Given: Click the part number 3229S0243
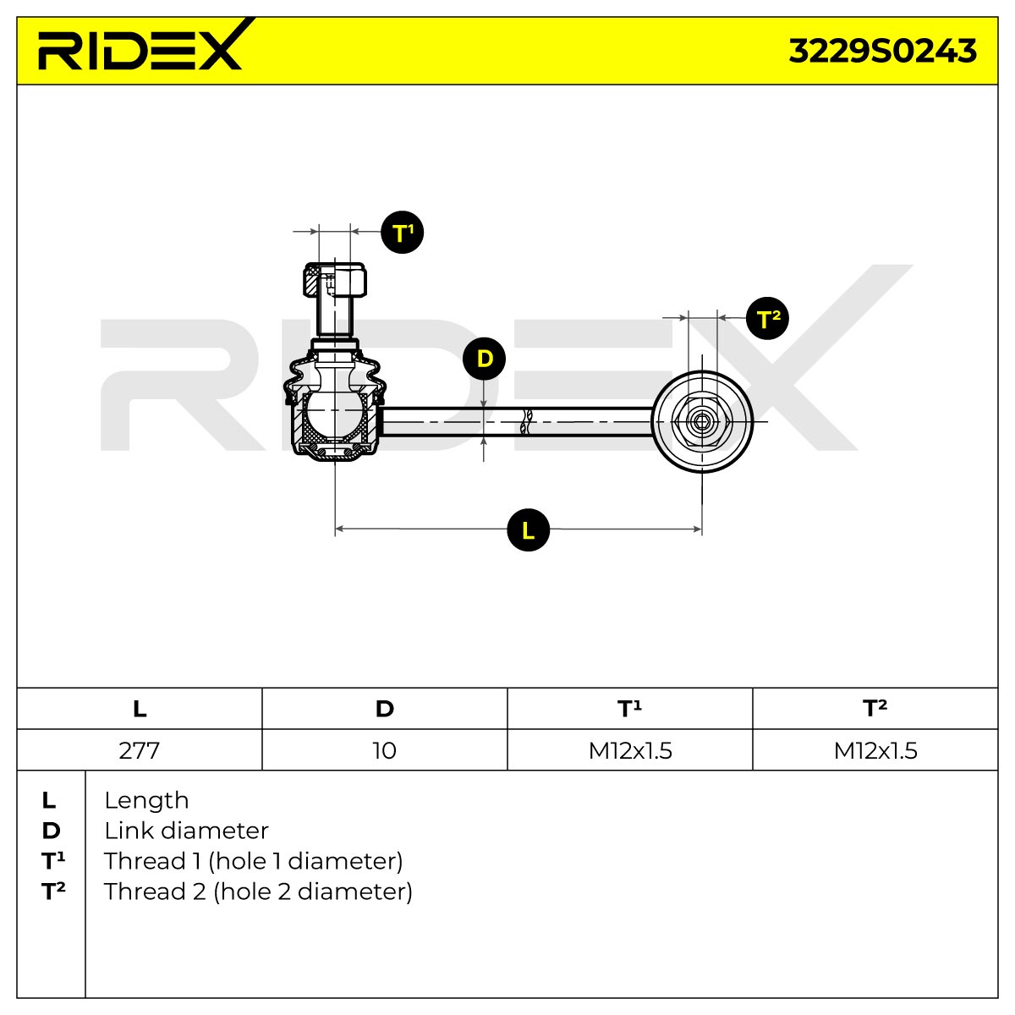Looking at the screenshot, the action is tap(882, 51).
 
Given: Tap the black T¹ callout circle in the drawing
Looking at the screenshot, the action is tap(402, 233).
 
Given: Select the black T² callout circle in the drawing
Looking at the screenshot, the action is tap(767, 318).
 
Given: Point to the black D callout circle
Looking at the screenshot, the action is tap(484, 359).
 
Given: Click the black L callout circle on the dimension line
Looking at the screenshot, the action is tap(528, 529).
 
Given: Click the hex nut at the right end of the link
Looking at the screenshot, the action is tap(701, 421).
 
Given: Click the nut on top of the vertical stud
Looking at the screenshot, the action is tap(335, 280).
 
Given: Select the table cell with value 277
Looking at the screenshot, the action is tap(139, 750).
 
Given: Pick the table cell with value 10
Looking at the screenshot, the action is tap(384, 750).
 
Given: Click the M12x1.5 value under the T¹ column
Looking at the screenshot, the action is tap(630, 750).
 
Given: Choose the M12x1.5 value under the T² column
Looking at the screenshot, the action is tap(875, 750).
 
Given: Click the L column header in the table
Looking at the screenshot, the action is tap(140, 709).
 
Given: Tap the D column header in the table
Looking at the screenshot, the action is tap(385, 709).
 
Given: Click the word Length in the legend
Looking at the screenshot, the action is tap(146, 801).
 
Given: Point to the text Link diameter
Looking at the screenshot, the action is tap(186, 831).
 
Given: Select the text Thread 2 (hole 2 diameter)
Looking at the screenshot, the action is tap(258, 892).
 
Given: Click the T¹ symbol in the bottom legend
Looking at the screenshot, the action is tap(53, 861).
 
